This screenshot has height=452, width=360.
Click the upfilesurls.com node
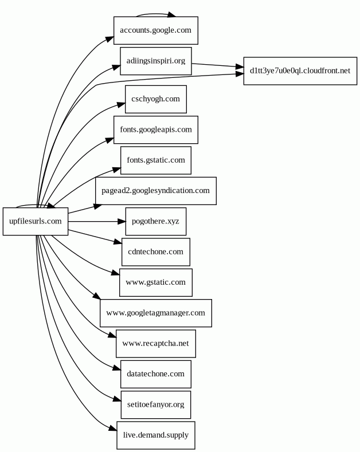point(36,221)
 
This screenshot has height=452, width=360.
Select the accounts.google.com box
point(155,30)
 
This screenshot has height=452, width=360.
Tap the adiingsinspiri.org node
point(155,61)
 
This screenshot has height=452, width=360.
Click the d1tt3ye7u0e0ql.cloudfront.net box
point(300,71)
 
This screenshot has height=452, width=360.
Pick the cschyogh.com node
point(155,99)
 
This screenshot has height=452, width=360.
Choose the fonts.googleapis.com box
point(155,129)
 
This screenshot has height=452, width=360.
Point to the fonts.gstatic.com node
point(155,160)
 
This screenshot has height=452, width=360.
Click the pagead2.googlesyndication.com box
point(155,191)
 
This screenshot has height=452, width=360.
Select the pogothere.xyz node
point(155,221)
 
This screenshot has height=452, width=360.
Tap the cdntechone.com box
point(155,252)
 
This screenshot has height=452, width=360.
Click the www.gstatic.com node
point(155,282)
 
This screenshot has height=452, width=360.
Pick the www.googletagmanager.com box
point(155,313)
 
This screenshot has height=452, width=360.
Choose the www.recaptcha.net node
point(155,344)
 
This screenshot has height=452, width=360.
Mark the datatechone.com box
point(155,374)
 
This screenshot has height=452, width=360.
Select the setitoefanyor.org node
point(155,404)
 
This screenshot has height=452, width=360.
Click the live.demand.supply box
point(155,435)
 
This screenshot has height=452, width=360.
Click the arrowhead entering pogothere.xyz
point(120,221)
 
